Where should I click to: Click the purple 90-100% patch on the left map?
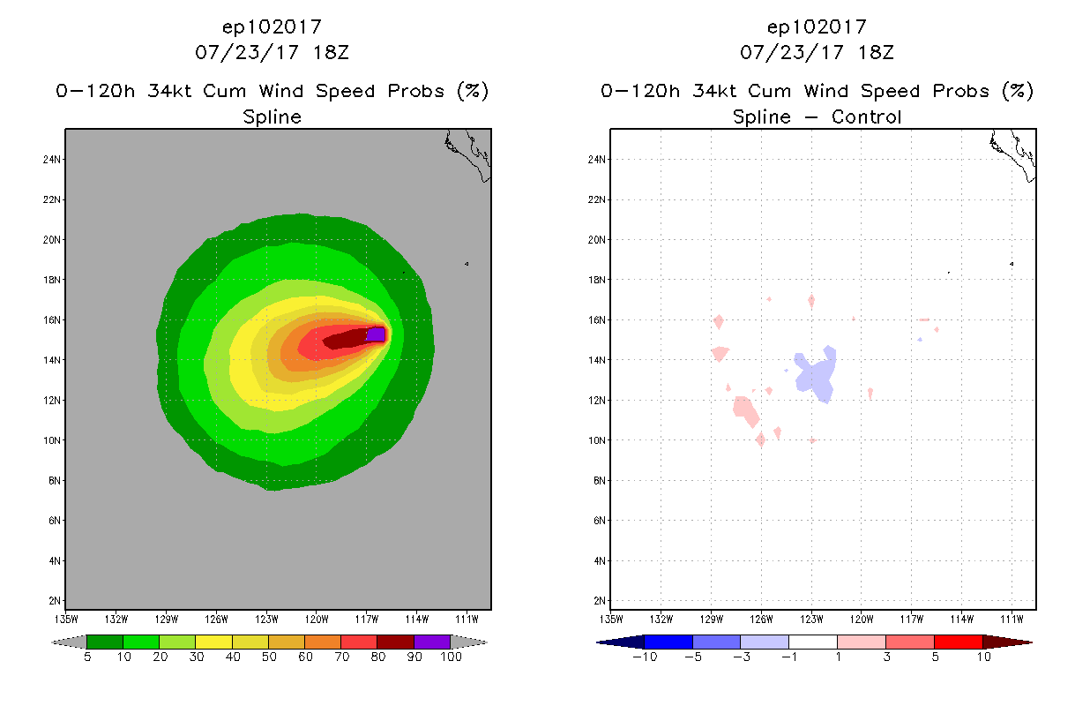[x=376, y=334]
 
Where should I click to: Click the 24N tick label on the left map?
[x=52, y=160]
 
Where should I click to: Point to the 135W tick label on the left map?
[x=66, y=618]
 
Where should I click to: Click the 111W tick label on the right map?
[x=1012, y=618]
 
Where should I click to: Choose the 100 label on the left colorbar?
[x=451, y=657]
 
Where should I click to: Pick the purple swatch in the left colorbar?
[x=432, y=642]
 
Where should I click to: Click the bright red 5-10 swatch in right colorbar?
[x=958, y=642]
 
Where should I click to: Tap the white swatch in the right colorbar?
[x=812, y=642]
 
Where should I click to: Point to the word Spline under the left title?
[x=272, y=116]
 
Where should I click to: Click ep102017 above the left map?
[x=272, y=26]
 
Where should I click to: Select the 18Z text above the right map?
[x=874, y=52]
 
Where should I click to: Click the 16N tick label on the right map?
[x=597, y=320]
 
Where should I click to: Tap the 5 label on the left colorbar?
[x=87, y=657]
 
